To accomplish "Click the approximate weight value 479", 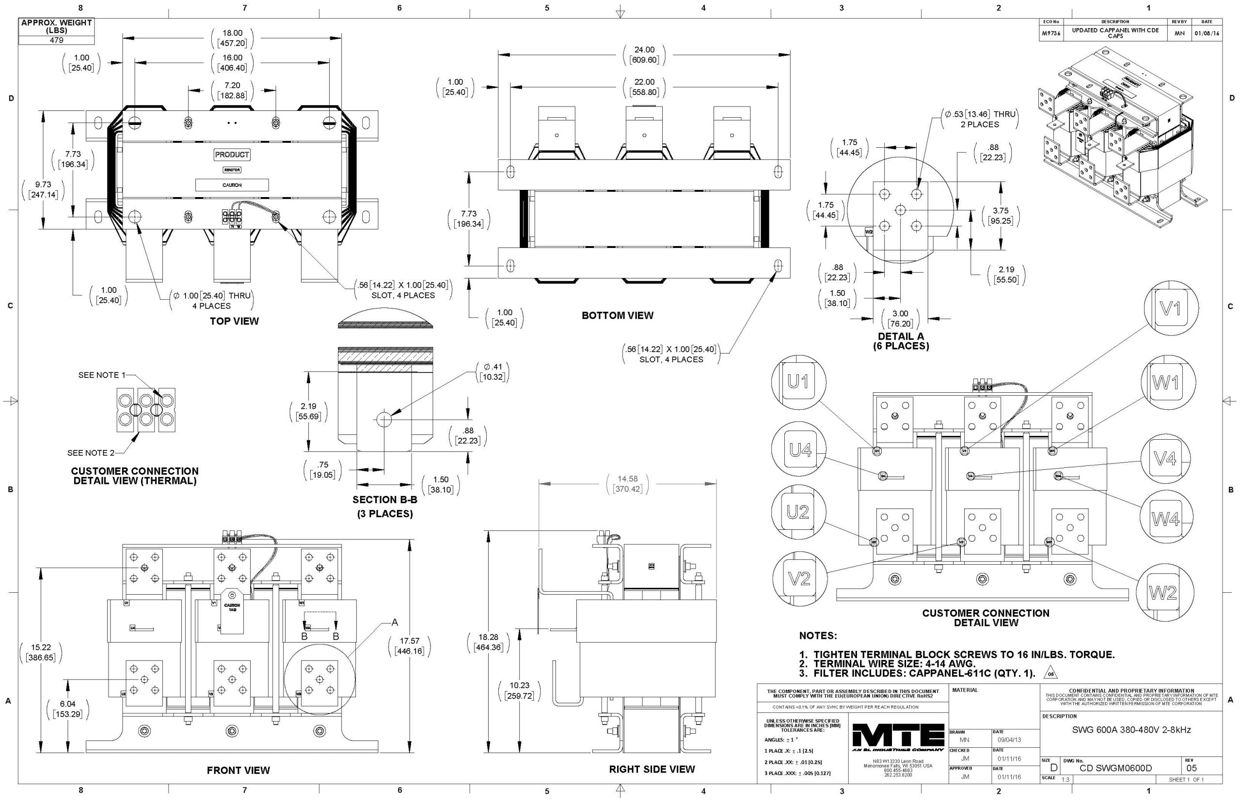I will click(56, 40).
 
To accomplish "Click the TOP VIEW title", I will click(234, 321).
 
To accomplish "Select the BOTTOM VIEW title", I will click(617, 316).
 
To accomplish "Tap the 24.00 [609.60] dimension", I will click(644, 55).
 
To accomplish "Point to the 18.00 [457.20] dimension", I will click(233, 38).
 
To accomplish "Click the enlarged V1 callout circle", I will click(1171, 309).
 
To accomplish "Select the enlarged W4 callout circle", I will click(1165, 519).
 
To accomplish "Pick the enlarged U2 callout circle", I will click(798, 512).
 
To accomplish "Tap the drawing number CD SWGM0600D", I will click(1115, 768).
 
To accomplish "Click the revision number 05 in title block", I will click(1192, 768).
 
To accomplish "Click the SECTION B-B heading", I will click(384, 500).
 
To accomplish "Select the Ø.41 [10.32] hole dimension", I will click(492, 372).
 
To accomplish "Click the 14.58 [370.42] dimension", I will click(627, 484).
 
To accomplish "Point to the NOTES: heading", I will click(818, 636).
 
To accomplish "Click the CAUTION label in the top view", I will click(232, 185).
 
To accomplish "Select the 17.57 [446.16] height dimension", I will click(409, 646).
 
